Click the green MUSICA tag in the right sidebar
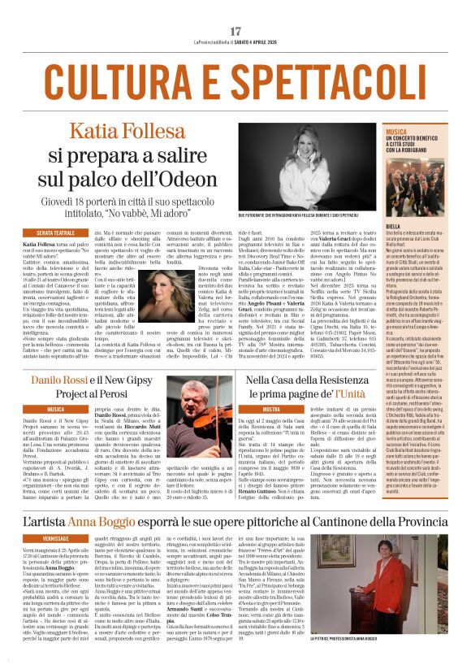[x=397, y=131]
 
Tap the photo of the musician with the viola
[x=189, y=425]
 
